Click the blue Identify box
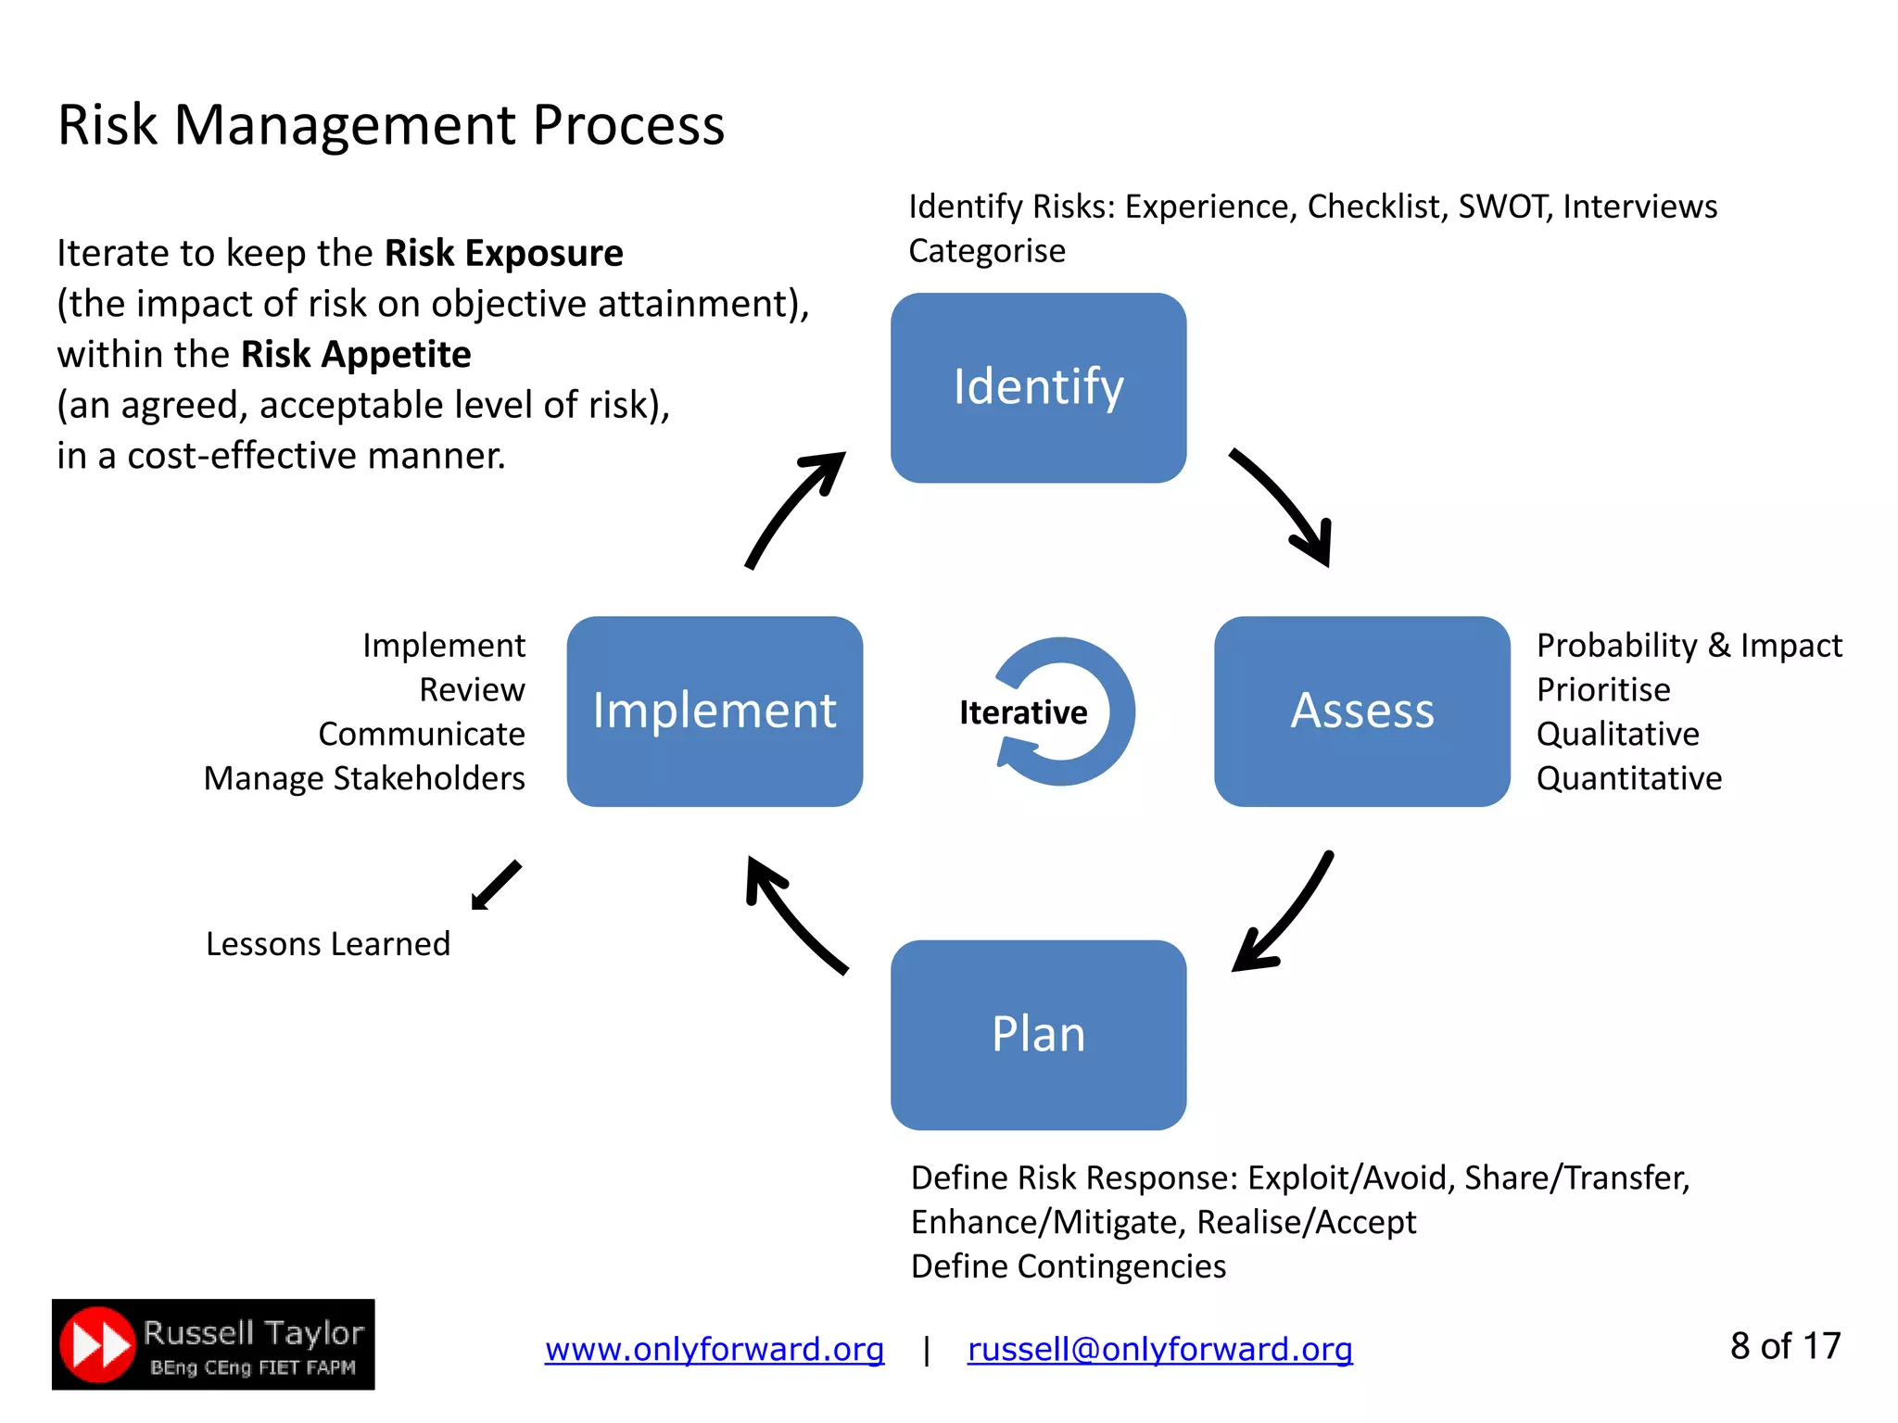click(x=1038, y=388)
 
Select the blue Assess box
click(x=1361, y=711)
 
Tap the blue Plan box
click(x=1038, y=1035)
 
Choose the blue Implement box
click(x=715, y=711)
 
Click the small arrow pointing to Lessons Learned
click(x=497, y=886)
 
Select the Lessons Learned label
click(x=328, y=944)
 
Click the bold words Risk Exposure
click(x=503, y=253)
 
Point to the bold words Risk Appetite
click(x=356, y=355)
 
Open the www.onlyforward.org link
click(x=714, y=1349)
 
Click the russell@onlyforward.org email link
click(x=1159, y=1349)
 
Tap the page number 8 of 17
click(x=1785, y=1346)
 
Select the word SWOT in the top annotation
click(x=1501, y=207)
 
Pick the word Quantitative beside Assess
click(x=1628, y=778)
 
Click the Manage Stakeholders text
click(x=364, y=778)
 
